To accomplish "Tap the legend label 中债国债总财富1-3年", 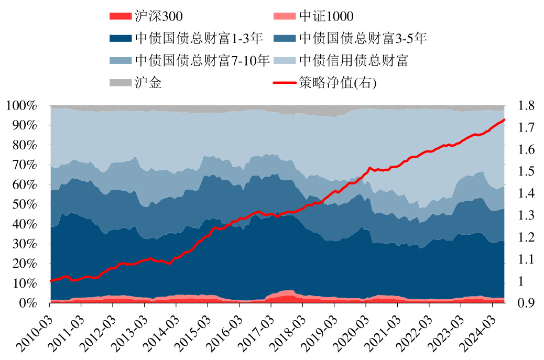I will [198, 38].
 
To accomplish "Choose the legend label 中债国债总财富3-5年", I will [363, 38].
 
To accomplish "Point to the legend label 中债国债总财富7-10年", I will [202, 60].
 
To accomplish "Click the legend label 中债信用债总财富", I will [354, 60].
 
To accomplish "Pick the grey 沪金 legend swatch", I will [119, 83].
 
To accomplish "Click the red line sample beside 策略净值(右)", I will [285, 83].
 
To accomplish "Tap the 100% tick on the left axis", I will [23, 106].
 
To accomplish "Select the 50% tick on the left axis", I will [26, 204].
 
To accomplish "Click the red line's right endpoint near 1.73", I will [504, 120].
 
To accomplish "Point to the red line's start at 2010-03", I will [51, 281].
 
